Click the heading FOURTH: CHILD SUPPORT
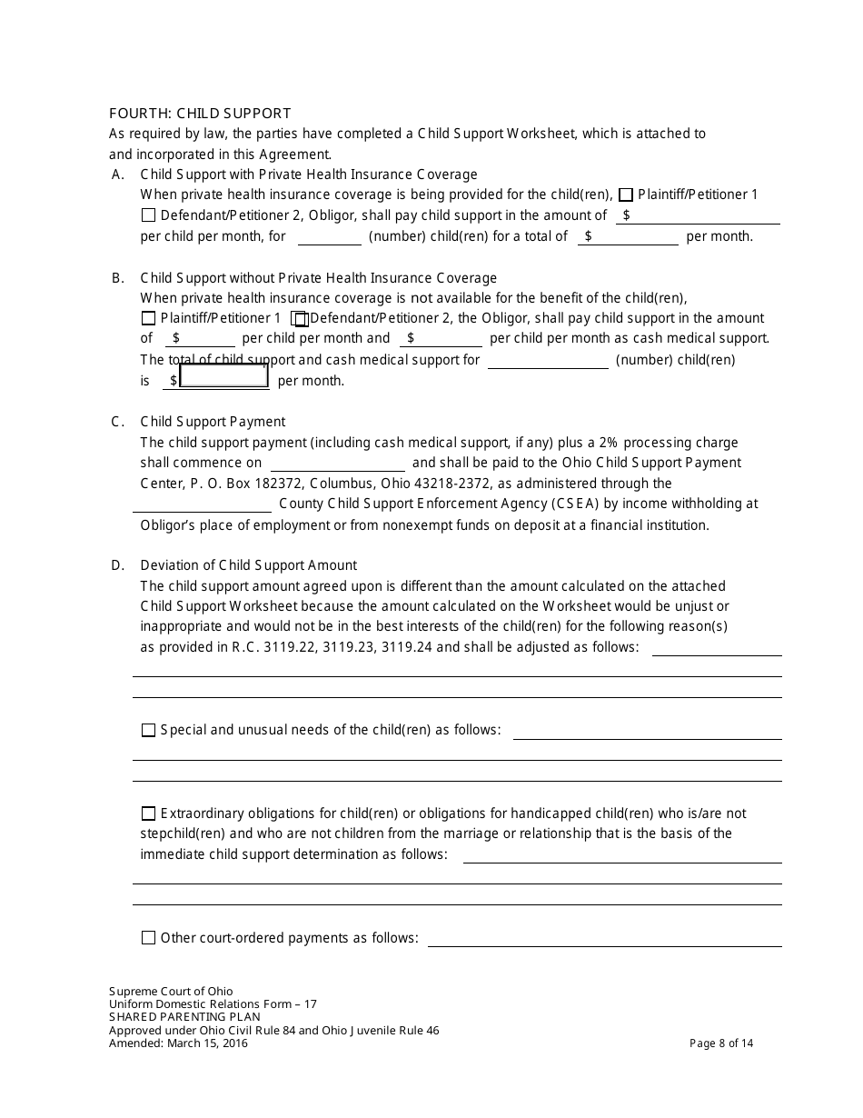click(x=200, y=114)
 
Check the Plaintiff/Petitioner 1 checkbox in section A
click(x=626, y=195)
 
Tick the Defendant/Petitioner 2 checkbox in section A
click(x=149, y=215)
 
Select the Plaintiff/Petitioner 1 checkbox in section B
click(x=149, y=318)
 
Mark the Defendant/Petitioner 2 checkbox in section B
click(x=300, y=319)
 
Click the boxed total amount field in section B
click(x=223, y=375)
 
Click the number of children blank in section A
click(x=329, y=237)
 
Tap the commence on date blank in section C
click(x=337, y=464)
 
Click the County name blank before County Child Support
click(x=202, y=504)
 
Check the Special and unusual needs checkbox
click(x=149, y=730)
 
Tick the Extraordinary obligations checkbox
click(x=149, y=814)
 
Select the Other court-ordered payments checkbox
click(x=149, y=938)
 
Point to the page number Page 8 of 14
click(x=721, y=1043)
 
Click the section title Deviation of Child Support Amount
click(x=248, y=565)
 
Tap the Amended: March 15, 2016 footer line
click(x=178, y=1043)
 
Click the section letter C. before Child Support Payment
click(x=117, y=422)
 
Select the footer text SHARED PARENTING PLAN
click(x=184, y=1017)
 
